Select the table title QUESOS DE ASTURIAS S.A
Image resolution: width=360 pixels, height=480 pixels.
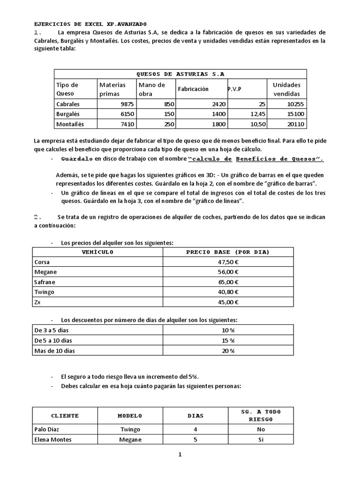point(180,74)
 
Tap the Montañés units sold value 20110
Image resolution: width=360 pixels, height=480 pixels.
point(295,124)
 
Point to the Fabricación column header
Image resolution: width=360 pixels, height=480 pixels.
point(193,89)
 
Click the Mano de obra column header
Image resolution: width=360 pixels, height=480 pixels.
point(151,89)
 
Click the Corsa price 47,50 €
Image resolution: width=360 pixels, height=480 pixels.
point(228,262)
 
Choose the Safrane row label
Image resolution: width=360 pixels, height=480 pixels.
point(45,282)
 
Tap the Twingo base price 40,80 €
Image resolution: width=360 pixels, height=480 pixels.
point(228,292)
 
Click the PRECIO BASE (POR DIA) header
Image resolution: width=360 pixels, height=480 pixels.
point(228,252)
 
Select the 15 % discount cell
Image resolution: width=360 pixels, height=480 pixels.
point(228,340)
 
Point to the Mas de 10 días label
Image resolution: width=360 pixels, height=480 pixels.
point(54,351)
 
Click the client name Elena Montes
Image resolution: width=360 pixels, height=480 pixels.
point(53,440)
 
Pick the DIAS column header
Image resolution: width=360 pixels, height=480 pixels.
point(195,416)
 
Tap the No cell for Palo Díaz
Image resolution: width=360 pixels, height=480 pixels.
point(261,429)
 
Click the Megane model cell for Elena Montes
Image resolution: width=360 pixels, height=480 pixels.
point(130,440)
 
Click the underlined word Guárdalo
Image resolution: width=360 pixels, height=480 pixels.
point(77,159)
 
